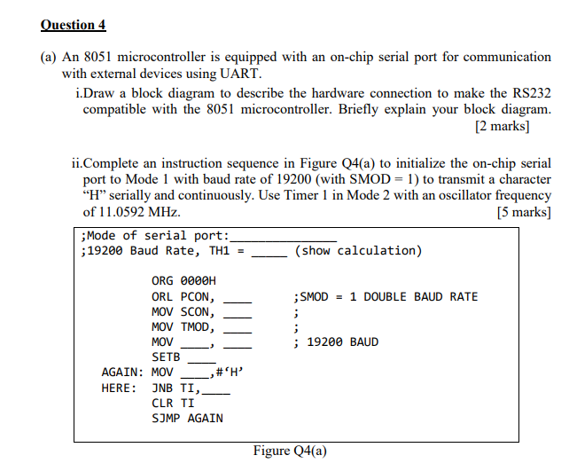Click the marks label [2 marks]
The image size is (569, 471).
503,126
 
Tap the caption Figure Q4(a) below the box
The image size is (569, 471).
290,451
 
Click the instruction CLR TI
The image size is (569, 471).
173,403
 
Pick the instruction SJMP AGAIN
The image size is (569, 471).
187,418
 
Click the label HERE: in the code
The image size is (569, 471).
119,388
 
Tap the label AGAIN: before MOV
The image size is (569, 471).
122,372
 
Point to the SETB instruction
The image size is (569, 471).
166,357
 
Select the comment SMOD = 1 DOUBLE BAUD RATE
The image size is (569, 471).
387,296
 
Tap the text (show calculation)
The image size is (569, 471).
358,251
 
